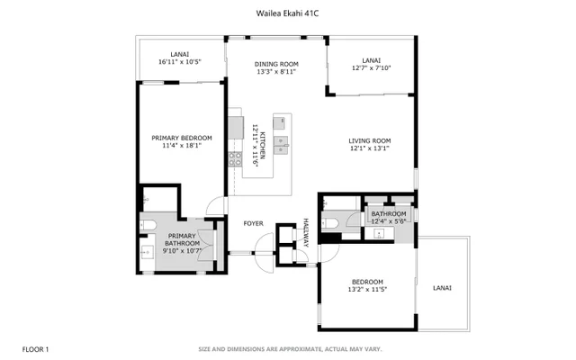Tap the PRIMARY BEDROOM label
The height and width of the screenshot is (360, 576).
tap(181, 138)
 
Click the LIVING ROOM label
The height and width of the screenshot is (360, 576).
tap(370, 140)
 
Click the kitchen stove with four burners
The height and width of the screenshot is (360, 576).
tap(236, 158)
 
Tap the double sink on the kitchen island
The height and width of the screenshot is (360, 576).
tap(282, 141)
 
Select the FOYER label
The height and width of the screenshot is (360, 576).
tap(253, 222)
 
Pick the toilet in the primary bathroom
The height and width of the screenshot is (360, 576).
tap(148, 223)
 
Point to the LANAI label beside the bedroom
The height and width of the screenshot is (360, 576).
tap(442, 288)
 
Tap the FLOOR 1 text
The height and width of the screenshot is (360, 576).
tap(36, 348)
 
